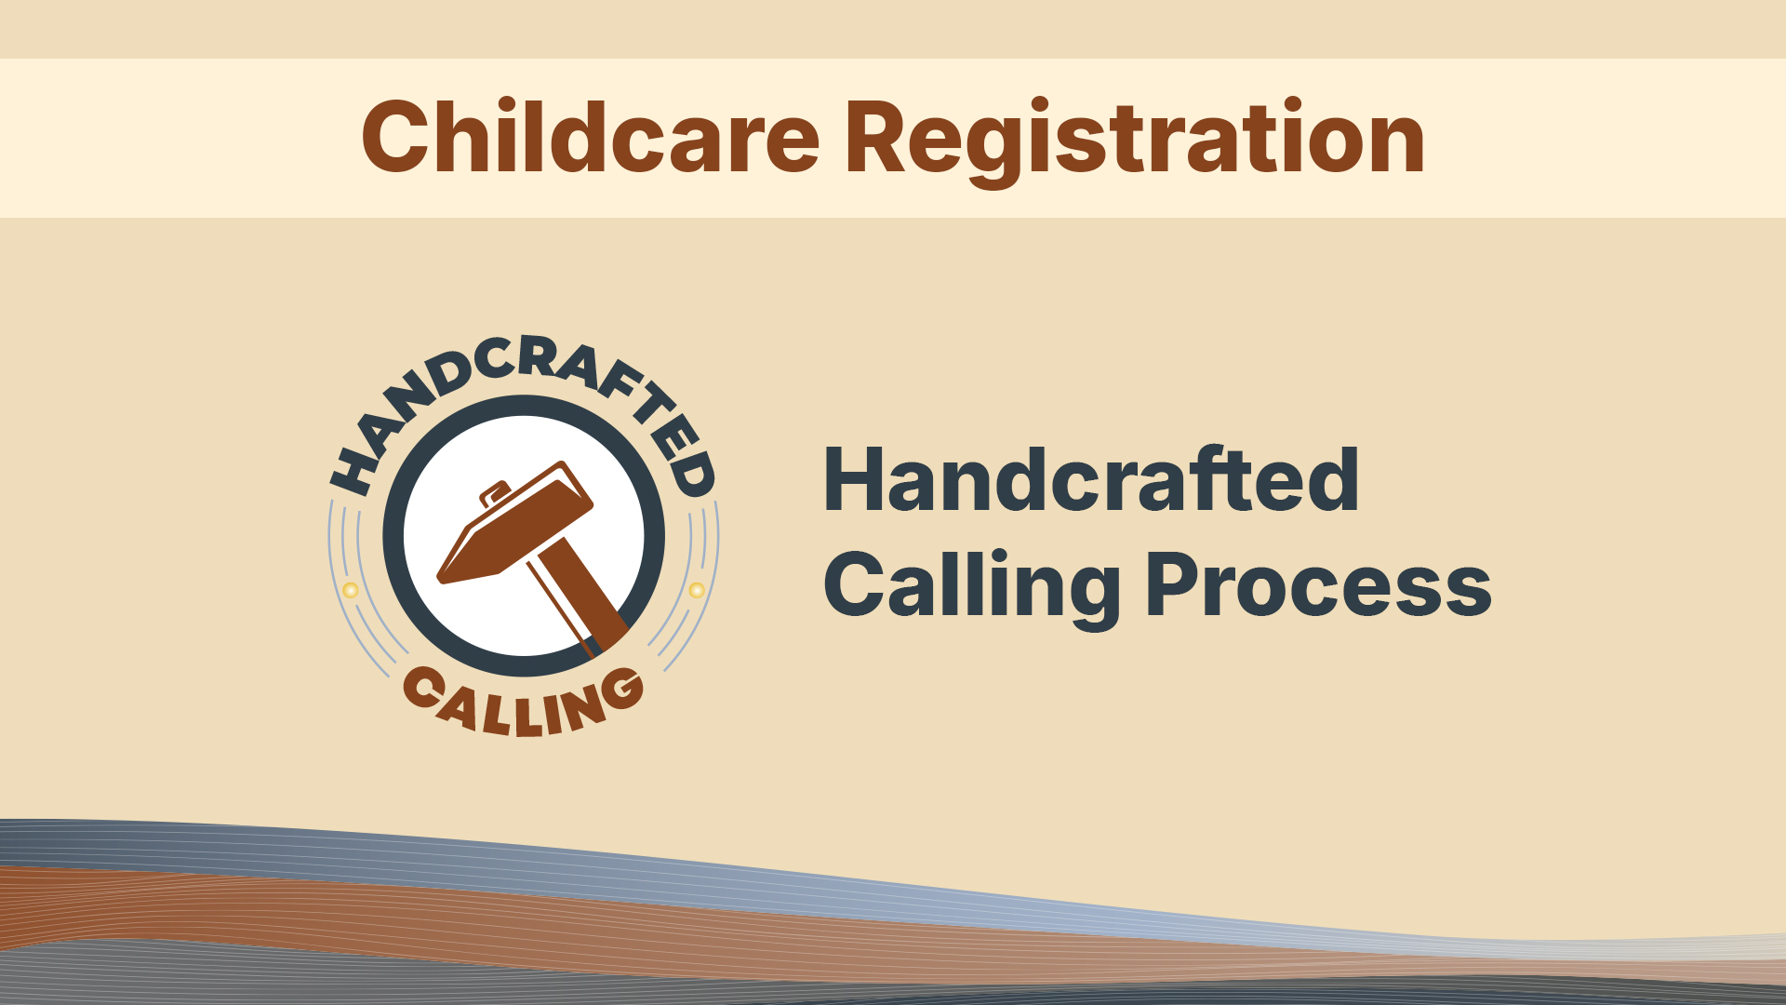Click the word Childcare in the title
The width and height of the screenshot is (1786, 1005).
pyautogui.click(x=591, y=138)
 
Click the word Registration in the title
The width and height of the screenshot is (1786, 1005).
pyautogui.click(x=1135, y=141)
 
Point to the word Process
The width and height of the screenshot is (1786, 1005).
pyautogui.click(x=1319, y=586)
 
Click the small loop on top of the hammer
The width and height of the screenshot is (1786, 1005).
pyautogui.click(x=494, y=492)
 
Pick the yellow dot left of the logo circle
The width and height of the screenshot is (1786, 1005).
pyautogui.click(x=351, y=590)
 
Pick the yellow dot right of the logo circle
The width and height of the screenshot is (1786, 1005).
pyautogui.click(x=697, y=589)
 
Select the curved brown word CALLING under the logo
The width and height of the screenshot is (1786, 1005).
pyautogui.click(x=524, y=703)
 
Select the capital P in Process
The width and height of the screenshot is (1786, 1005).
pyautogui.click(x=1174, y=584)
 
